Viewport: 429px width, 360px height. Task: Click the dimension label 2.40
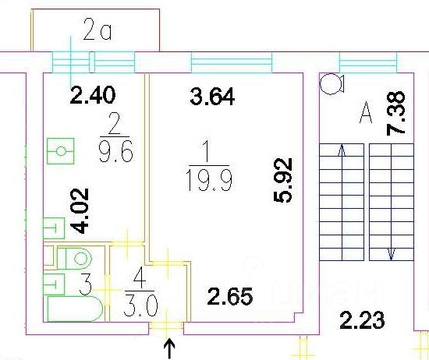[93, 95]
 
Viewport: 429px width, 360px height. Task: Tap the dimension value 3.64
[212, 96]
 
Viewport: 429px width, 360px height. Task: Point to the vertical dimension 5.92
[283, 180]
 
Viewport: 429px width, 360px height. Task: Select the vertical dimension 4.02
[80, 210]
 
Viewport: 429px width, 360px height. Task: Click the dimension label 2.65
[230, 296]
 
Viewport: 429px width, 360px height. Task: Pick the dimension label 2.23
[362, 320]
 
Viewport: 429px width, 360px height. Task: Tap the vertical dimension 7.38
[395, 113]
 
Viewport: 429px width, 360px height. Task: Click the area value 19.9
[209, 180]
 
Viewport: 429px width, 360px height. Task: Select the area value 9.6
[116, 151]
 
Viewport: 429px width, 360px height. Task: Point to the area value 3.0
[140, 305]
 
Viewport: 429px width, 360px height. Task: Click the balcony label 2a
[97, 30]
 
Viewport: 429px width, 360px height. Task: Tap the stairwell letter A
[366, 112]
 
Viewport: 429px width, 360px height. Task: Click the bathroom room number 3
[85, 284]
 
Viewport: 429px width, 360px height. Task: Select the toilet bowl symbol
[74, 258]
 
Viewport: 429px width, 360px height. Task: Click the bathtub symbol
[75, 309]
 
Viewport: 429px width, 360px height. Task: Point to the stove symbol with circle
[61, 151]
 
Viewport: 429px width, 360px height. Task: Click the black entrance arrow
[169, 348]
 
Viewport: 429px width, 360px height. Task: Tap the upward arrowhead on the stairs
[342, 150]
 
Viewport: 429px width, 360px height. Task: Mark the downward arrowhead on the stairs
[392, 254]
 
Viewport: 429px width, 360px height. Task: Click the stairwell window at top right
[368, 62]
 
